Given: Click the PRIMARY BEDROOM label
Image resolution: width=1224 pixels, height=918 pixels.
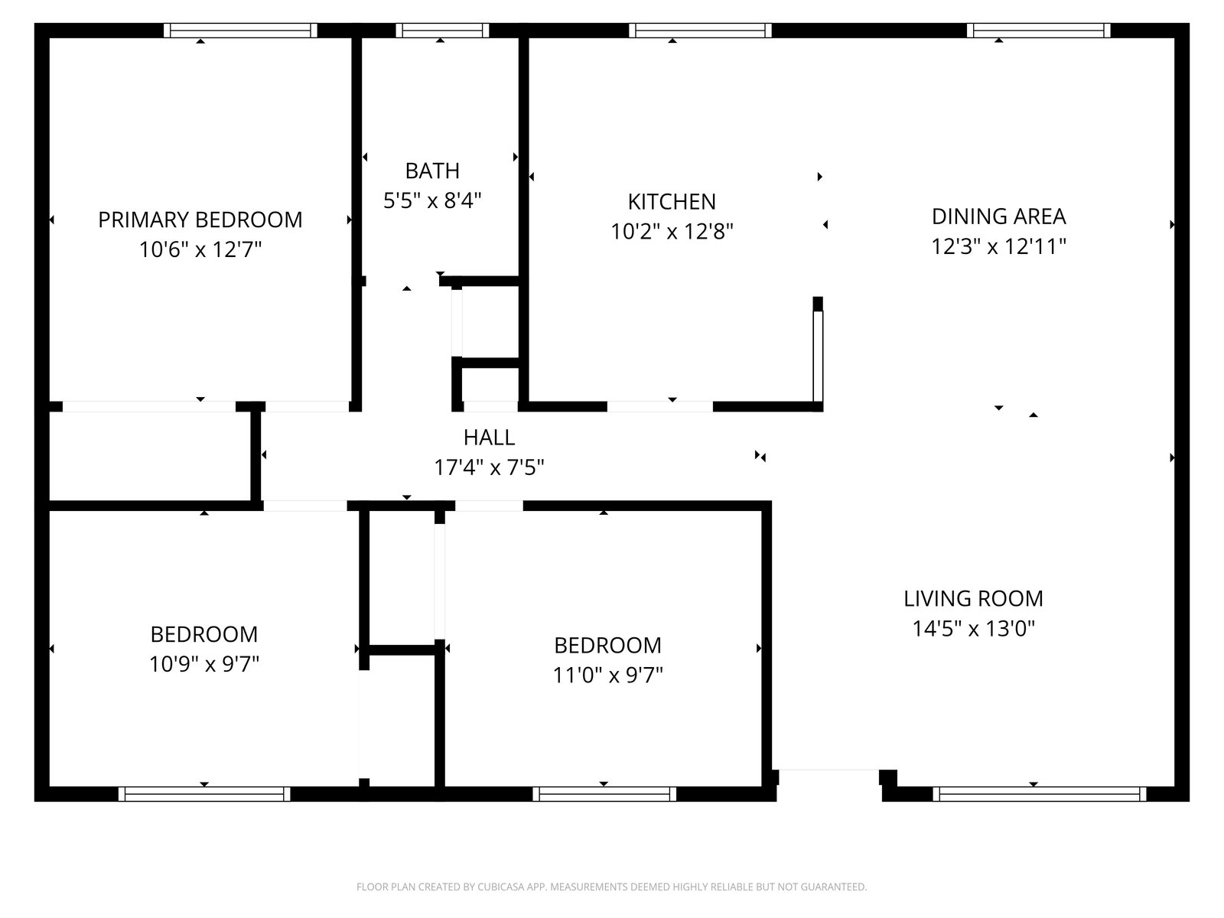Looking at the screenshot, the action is click(200, 220).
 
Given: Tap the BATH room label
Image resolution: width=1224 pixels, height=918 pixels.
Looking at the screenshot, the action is click(432, 171).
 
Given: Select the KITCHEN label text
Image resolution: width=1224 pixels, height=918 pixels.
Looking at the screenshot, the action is click(672, 202).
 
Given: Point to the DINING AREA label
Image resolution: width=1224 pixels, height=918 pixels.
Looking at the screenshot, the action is click(998, 216).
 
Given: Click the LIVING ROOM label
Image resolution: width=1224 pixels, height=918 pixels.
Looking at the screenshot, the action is click(973, 599).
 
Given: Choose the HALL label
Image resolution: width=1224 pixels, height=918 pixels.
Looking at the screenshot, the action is click(489, 438).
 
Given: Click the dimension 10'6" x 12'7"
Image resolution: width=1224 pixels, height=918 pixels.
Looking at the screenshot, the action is click(200, 249).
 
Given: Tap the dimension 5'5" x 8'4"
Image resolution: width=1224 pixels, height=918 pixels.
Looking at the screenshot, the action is click(432, 200).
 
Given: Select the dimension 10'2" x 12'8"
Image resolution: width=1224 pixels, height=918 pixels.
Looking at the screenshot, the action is click(672, 231).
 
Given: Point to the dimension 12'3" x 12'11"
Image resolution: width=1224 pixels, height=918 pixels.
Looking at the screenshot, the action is click(998, 246).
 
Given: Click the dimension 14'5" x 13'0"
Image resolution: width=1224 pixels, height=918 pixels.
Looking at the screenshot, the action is click(973, 628).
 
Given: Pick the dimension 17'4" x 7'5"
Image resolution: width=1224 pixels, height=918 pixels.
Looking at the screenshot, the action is click(489, 467).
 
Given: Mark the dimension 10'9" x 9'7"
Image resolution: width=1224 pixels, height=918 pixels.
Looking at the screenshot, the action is click(204, 664).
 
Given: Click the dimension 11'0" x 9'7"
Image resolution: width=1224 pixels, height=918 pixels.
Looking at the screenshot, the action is click(607, 675).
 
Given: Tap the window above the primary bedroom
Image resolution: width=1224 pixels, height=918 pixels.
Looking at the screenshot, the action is click(240, 30).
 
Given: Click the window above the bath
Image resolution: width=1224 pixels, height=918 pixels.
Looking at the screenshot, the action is click(442, 30).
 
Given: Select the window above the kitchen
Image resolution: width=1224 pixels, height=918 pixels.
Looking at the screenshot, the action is click(701, 30).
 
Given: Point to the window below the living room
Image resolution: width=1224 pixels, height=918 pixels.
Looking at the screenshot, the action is click(1040, 794).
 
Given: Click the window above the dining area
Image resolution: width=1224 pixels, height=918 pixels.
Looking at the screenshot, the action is click(1038, 30).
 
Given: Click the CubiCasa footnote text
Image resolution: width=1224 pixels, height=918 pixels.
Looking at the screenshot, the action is click(612, 887).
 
